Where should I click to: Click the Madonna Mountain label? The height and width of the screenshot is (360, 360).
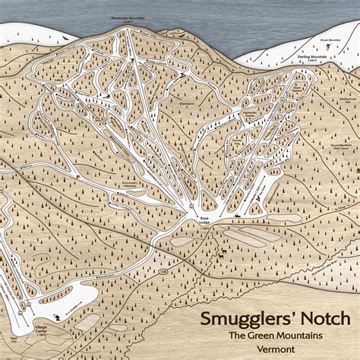(x=124, y=17)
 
